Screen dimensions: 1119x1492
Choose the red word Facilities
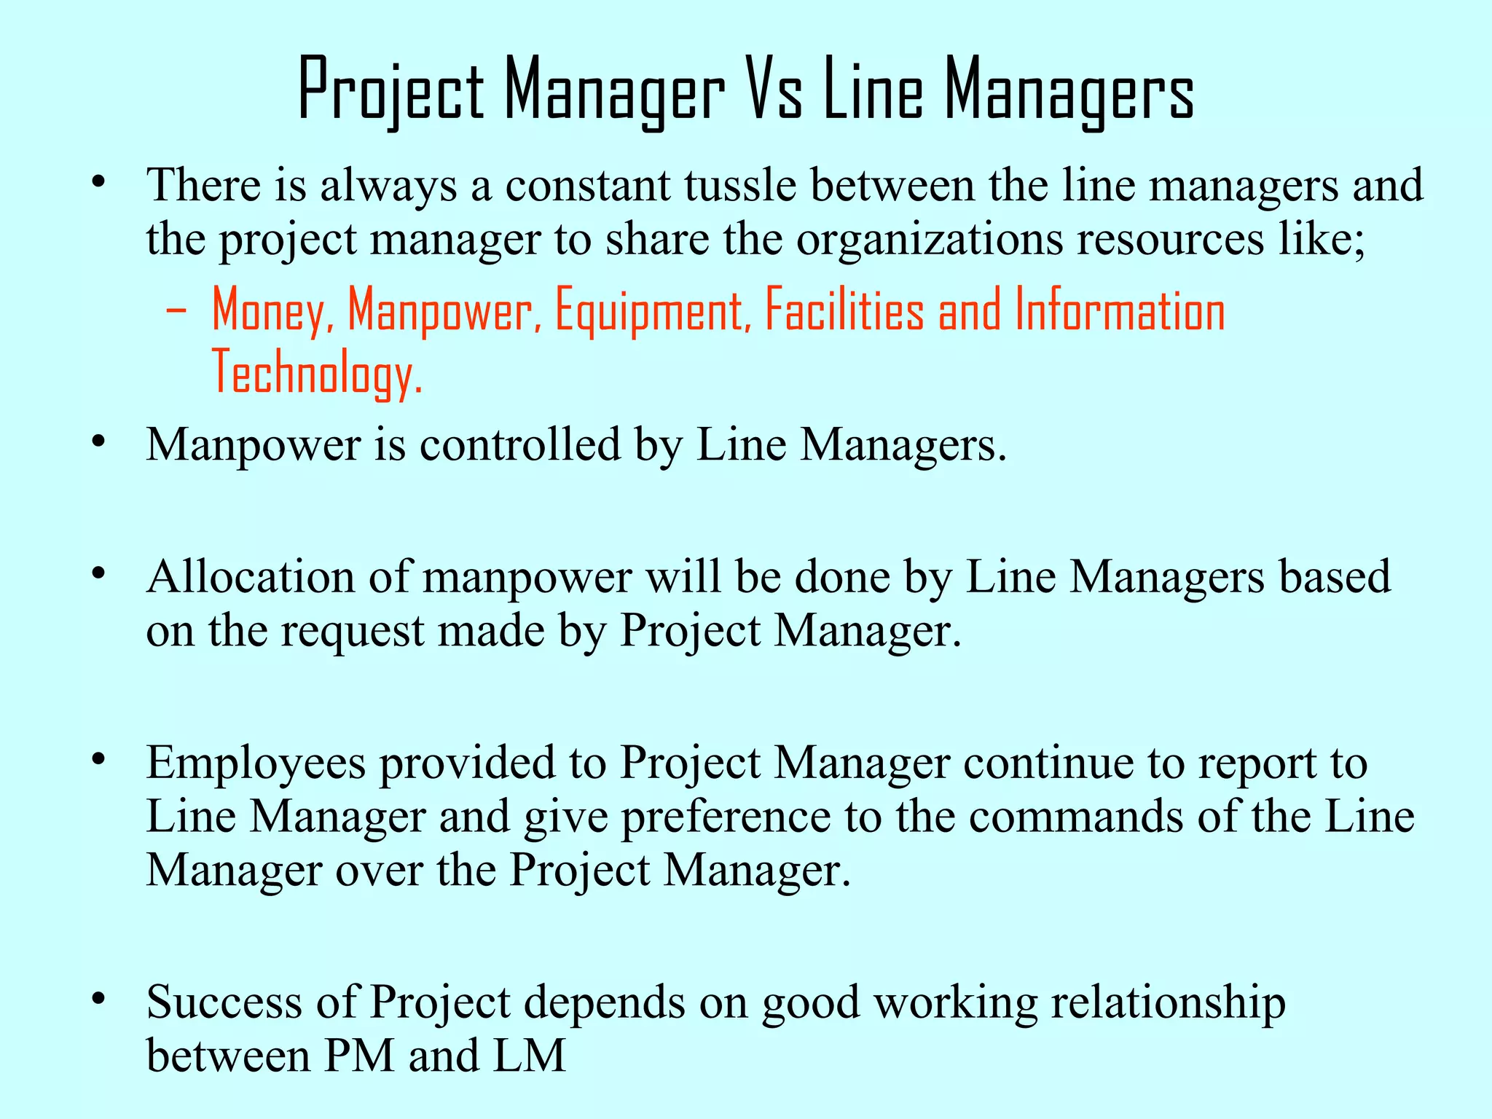coord(844,310)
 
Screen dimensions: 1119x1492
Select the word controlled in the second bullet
coord(519,444)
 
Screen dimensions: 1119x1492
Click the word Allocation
coord(250,577)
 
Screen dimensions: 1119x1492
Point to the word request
coord(353,631)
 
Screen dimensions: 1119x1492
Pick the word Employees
coord(256,763)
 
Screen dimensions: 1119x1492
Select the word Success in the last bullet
coord(224,1002)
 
